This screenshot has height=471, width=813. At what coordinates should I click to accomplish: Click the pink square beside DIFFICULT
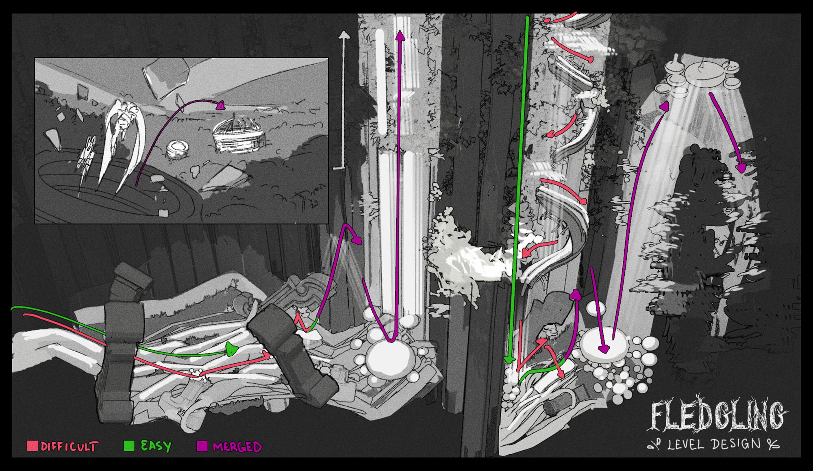pyautogui.click(x=32, y=445)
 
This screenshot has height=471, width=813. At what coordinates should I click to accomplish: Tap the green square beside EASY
pyautogui.click(x=128, y=445)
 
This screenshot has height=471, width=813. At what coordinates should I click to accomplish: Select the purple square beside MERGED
pyautogui.click(x=202, y=446)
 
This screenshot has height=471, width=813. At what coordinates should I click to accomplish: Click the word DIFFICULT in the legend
pyautogui.click(x=69, y=447)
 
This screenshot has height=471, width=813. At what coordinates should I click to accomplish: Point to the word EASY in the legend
pyautogui.click(x=156, y=446)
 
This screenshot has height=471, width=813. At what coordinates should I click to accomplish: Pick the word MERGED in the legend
pyautogui.click(x=237, y=447)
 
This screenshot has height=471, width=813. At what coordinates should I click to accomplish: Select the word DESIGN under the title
pyautogui.click(x=736, y=443)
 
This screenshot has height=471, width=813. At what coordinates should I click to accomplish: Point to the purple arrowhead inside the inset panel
pyautogui.click(x=220, y=106)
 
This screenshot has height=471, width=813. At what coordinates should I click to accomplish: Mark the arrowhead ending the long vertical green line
pyautogui.click(x=509, y=360)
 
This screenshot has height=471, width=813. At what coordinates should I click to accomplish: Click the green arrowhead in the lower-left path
pyautogui.click(x=232, y=349)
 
